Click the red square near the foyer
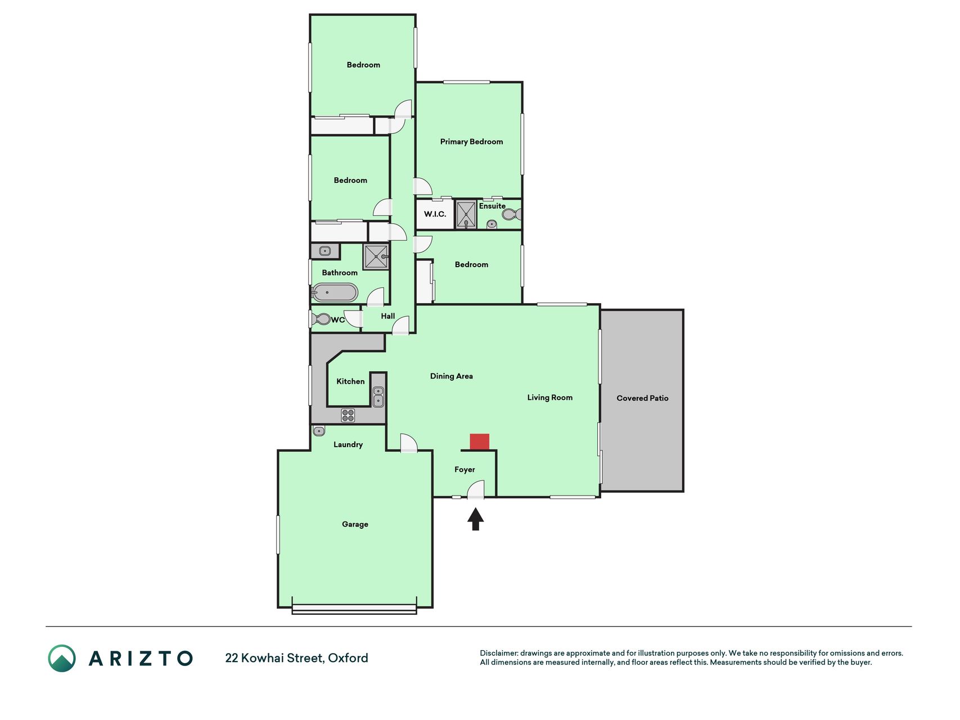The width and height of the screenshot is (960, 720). click(x=479, y=442)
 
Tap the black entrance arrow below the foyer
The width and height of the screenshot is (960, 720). click(x=476, y=519)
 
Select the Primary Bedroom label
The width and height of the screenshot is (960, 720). click(x=471, y=142)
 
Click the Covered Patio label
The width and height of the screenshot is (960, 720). click(x=642, y=398)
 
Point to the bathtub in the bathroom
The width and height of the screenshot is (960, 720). click(x=335, y=292)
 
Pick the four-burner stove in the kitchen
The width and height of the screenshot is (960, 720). click(x=348, y=415)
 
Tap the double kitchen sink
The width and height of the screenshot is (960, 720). click(x=378, y=397)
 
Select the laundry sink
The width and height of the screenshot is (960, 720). click(x=319, y=431)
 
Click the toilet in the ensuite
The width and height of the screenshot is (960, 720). click(x=512, y=214)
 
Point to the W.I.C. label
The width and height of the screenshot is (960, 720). click(x=435, y=214)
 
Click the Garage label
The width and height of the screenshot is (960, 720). click(x=355, y=524)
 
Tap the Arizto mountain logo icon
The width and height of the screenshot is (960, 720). click(x=62, y=658)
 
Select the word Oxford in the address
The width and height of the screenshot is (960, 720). click(x=348, y=658)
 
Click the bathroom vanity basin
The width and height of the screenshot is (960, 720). click(x=324, y=251)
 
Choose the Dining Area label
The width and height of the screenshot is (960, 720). click(x=451, y=376)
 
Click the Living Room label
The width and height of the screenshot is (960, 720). click(x=549, y=398)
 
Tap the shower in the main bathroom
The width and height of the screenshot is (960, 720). click(x=376, y=256)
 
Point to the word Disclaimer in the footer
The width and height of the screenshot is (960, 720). click(x=498, y=653)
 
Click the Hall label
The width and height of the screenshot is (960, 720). click(x=387, y=316)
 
